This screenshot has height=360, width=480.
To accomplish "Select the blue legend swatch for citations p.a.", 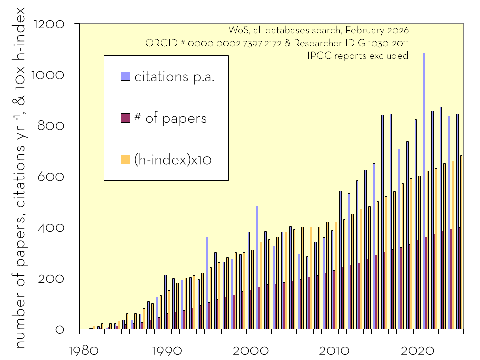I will click(x=126, y=77).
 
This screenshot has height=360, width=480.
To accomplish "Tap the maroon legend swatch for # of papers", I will click(x=126, y=118).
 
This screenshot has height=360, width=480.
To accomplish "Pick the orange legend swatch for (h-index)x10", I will click(x=126, y=159).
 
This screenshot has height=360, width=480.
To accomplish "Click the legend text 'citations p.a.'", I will click(x=174, y=77).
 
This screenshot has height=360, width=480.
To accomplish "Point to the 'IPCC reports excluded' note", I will click(x=358, y=56).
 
